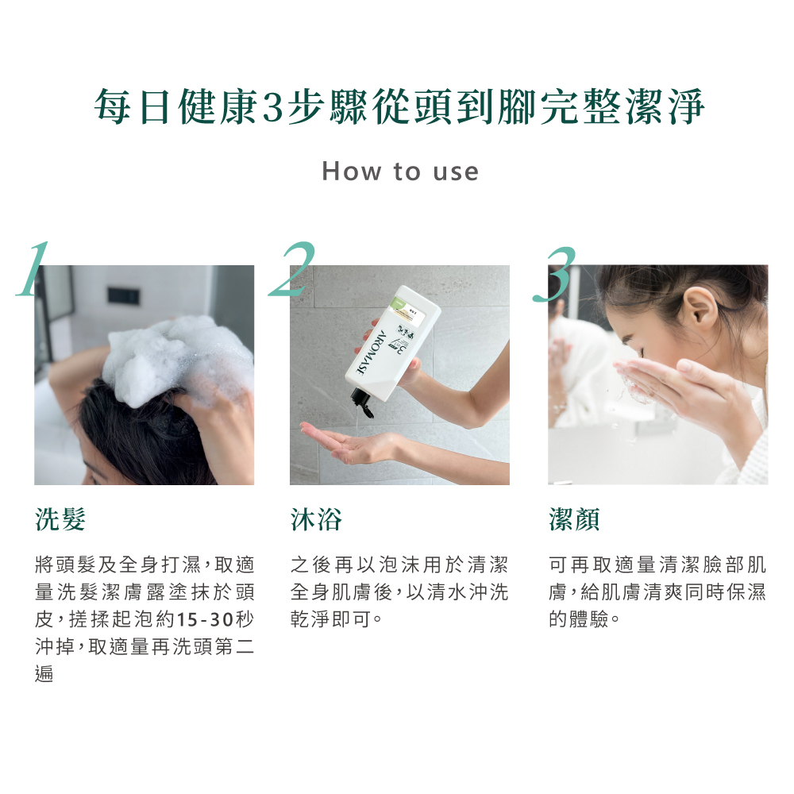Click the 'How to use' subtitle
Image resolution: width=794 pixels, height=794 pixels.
(x=400, y=172)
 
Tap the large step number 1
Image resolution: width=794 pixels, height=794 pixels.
(x=33, y=269)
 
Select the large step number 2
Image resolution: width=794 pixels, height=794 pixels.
(x=292, y=269)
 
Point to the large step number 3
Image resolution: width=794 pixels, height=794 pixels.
(x=554, y=274)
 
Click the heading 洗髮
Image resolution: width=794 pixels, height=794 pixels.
(x=60, y=519)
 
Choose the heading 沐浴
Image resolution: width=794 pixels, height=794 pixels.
(x=316, y=519)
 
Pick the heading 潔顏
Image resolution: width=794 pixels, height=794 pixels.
(x=574, y=519)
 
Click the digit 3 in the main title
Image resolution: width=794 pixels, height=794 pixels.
(x=272, y=107)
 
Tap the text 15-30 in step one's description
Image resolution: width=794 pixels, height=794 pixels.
(x=206, y=619)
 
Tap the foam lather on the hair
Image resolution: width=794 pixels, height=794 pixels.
(x=177, y=359)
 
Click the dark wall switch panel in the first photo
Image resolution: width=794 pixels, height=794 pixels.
(x=123, y=295)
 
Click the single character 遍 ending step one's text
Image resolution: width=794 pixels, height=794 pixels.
(x=44, y=673)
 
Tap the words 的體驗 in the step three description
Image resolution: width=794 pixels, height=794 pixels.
(x=579, y=619)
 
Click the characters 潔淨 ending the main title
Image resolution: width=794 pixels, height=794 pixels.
(x=665, y=107)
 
